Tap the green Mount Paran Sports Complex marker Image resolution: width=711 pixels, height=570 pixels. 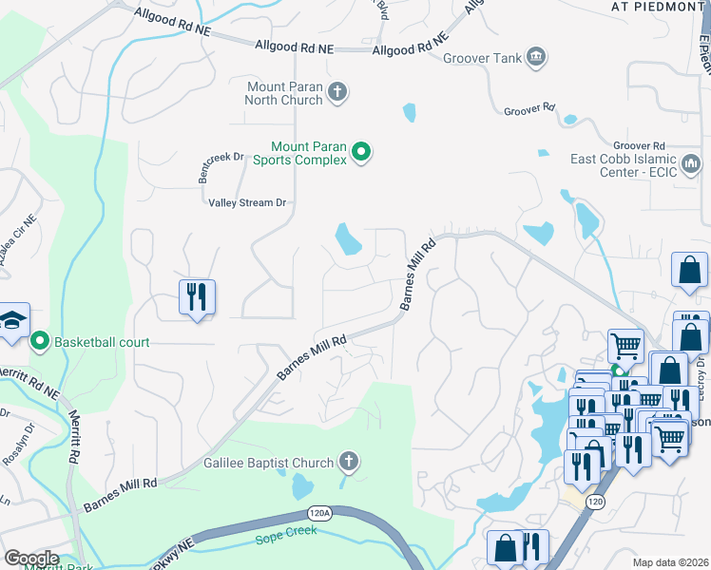(x=361, y=152)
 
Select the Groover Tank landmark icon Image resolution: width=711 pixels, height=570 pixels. (x=536, y=58)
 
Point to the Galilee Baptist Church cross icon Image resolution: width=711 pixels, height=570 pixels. (x=348, y=463)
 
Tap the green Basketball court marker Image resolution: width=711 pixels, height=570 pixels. (x=40, y=340)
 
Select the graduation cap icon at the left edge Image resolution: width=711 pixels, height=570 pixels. (x=13, y=322)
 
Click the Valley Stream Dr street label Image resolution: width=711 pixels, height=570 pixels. (x=247, y=202)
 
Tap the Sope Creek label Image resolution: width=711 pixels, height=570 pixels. (x=283, y=540)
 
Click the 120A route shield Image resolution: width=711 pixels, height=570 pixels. (x=321, y=514)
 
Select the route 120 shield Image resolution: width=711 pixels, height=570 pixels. (x=595, y=501)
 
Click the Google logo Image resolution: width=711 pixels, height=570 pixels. (x=30, y=559)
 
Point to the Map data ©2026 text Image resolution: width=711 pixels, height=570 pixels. (x=670, y=562)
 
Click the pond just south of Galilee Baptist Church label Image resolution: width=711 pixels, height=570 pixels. (x=301, y=486)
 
